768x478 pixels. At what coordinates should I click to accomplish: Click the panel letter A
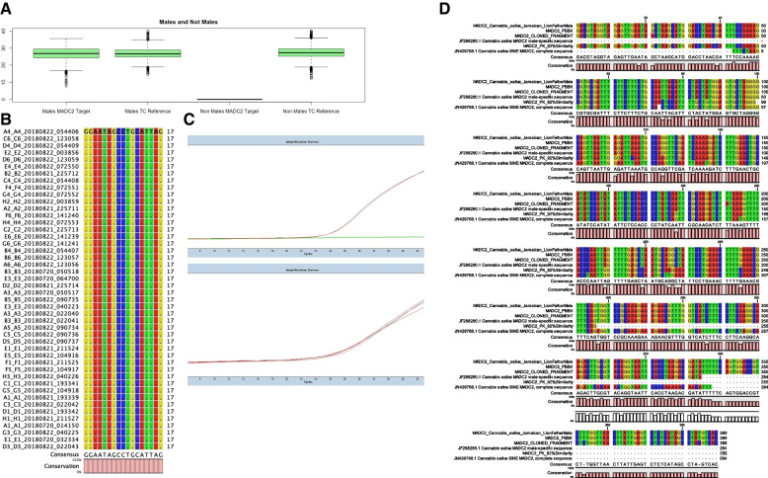(x=6, y=6)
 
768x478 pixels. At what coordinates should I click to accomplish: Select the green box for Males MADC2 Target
(x=59, y=53)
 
